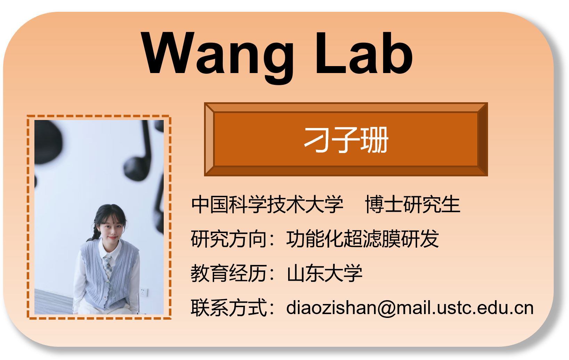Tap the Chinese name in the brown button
click(346, 140)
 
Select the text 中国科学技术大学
click(267, 204)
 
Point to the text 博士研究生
click(413, 204)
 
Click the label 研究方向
click(229, 239)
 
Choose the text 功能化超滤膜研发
click(363, 239)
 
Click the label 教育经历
click(229, 273)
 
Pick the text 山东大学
click(324, 273)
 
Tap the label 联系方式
click(229, 308)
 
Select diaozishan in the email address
click(331, 308)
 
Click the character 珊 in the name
click(375, 140)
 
